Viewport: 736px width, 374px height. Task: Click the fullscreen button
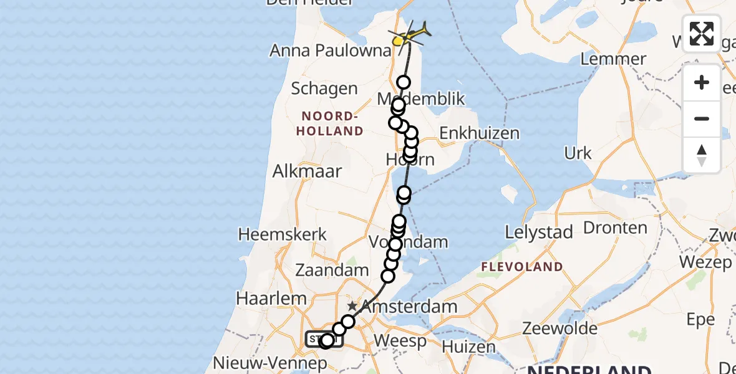coord(702,34)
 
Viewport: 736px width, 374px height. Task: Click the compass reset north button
coord(702,155)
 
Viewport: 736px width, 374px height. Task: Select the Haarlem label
coord(269,298)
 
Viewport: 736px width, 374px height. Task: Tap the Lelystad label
coord(539,233)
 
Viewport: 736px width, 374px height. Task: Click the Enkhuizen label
coord(479,133)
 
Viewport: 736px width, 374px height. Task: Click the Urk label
coord(578,153)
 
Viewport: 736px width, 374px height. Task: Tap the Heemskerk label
coord(283,234)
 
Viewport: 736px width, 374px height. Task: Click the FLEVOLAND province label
coord(521,267)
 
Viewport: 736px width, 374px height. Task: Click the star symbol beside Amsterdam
coord(352,306)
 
